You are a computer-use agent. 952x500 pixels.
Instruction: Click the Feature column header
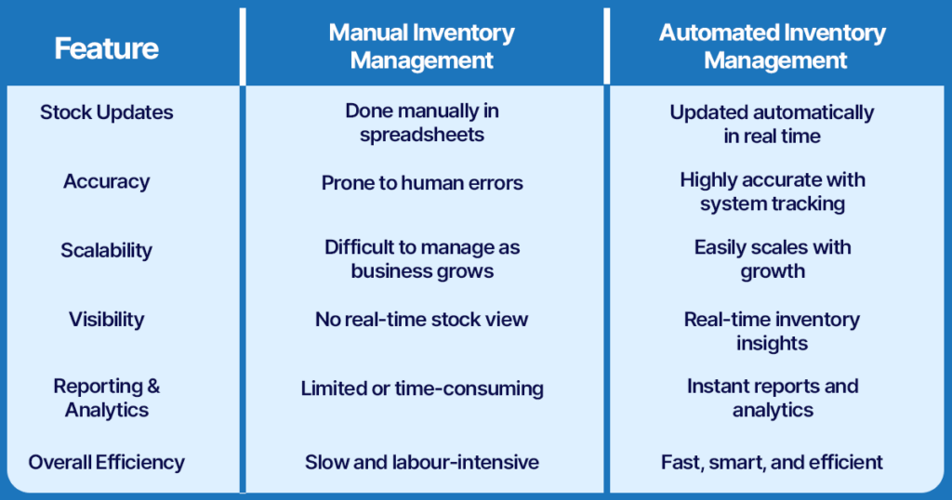[106, 47]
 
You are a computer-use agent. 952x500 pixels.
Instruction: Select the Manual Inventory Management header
[422, 46]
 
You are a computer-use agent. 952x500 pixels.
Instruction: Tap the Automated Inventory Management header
[773, 46]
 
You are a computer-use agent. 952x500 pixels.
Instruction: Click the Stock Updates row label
[106, 112]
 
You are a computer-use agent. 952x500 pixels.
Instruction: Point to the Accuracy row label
[106, 181]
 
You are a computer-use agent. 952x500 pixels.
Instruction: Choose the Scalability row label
[106, 250]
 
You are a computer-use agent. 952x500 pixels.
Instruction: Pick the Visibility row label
[106, 319]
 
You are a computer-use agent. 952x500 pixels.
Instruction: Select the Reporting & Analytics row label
[106, 398]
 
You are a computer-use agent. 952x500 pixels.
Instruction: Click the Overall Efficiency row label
[106, 462]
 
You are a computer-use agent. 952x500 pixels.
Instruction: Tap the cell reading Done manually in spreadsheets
[422, 123]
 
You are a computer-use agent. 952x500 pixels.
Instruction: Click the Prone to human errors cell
[422, 183]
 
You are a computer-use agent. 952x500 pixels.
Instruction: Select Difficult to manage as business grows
[422, 259]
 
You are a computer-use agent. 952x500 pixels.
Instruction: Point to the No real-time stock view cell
[422, 320]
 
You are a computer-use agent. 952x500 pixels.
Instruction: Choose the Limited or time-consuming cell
[422, 388]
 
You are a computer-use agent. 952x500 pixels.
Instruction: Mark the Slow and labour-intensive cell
[422, 462]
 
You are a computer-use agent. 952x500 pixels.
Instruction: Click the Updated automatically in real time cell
[773, 124]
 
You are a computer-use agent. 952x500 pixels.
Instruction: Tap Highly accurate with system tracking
[773, 191]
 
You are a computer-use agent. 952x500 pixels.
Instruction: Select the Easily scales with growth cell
[773, 259]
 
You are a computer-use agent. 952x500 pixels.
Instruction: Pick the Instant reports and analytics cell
[773, 398]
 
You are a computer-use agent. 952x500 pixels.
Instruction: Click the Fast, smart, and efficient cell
[773, 462]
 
